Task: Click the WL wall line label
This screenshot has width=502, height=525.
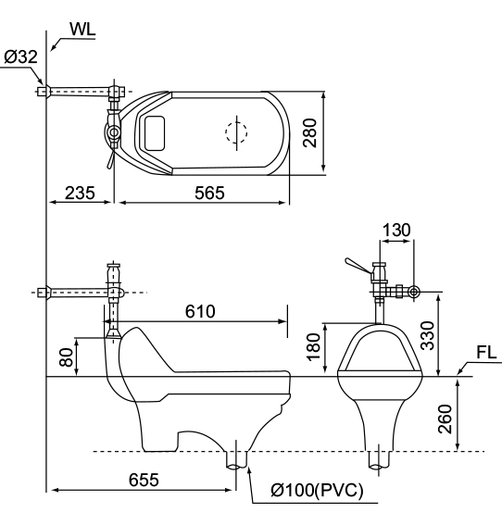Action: pyautogui.click(x=82, y=29)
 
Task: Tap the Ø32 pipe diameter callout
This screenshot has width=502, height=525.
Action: pyautogui.click(x=20, y=56)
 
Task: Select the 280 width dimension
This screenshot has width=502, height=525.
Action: pyautogui.click(x=309, y=132)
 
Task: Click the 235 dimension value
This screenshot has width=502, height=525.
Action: pyautogui.click(x=80, y=193)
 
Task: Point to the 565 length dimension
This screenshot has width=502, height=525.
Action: pyautogui.click(x=209, y=193)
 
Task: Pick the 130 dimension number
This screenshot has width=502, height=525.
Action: pyautogui.click(x=396, y=230)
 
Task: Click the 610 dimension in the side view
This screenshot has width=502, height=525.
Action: pyautogui.click(x=200, y=311)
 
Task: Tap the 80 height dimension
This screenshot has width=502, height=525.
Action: pyautogui.click(x=66, y=357)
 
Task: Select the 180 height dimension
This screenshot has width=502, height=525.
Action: pyautogui.click(x=314, y=347)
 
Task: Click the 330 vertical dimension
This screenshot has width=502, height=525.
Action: pyautogui.click(x=427, y=335)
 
